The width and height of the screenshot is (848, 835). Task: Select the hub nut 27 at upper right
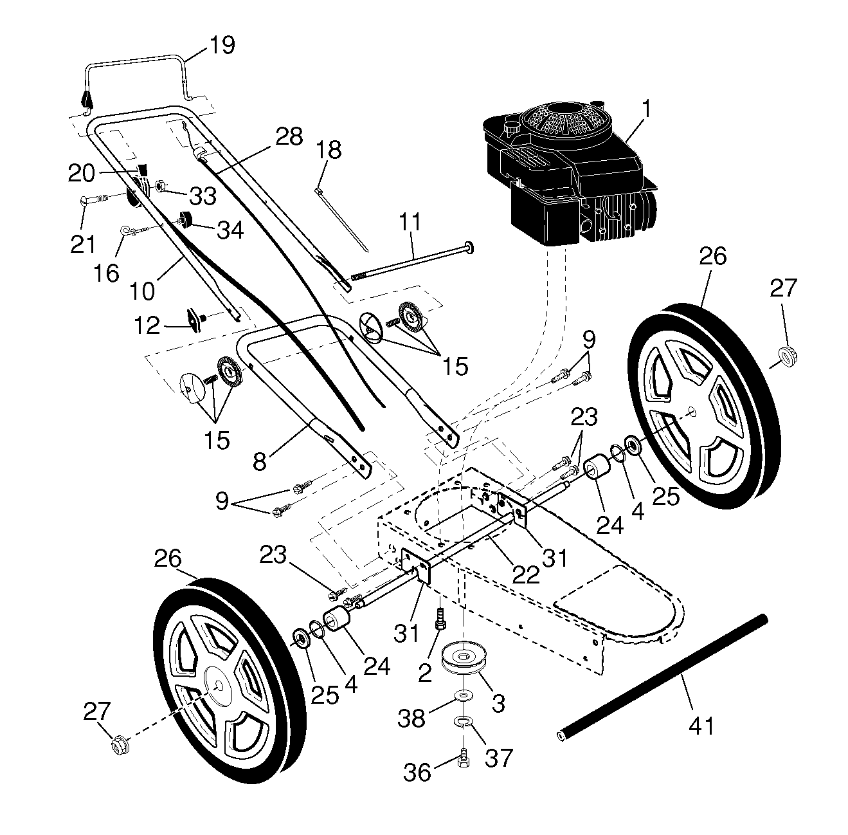pyautogui.click(x=788, y=357)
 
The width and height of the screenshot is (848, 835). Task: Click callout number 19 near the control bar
pyautogui.click(x=222, y=45)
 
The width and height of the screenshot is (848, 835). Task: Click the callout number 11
pyautogui.click(x=410, y=222)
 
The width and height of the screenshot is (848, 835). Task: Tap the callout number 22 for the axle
pyautogui.click(x=527, y=574)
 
